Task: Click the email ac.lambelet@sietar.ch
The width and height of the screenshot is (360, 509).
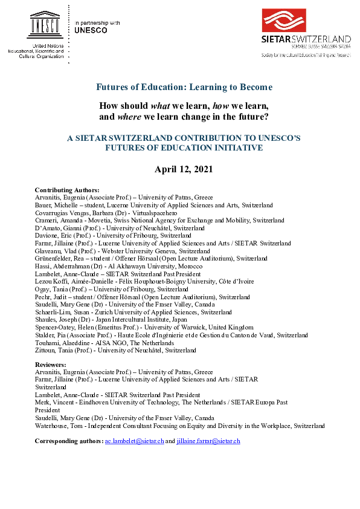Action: coord(134,441)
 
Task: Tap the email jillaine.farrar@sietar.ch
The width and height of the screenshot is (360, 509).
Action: coord(208,441)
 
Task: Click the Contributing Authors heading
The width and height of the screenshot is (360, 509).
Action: coord(67,190)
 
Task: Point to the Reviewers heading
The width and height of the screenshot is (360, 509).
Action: coord(51,365)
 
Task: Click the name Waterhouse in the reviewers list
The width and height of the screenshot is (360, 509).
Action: coord(53,426)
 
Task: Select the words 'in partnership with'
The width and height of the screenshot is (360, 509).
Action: coord(97,22)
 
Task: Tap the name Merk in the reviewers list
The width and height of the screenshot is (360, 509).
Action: coord(42,402)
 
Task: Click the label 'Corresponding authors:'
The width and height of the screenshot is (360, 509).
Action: coord(69,441)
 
